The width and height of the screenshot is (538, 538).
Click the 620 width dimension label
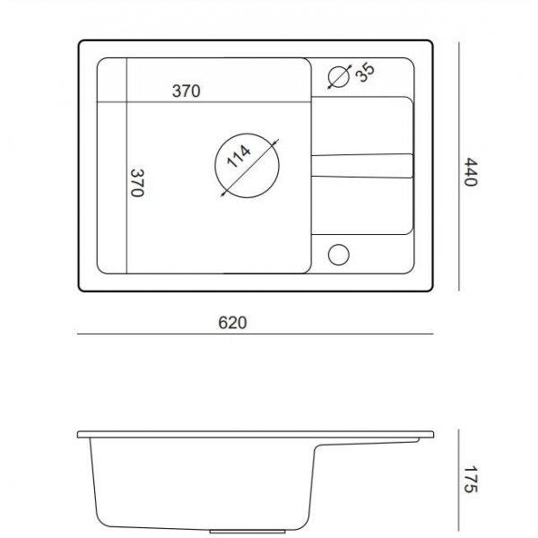point(232,323)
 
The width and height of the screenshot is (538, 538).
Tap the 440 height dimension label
point(471,172)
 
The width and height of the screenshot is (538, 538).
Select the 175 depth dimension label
point(471,480)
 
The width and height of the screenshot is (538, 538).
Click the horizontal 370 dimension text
point(186,91)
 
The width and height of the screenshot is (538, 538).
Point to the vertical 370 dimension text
point(137,183)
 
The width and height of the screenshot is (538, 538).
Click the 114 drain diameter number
point(239,156)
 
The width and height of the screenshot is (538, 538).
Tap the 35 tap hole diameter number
point(365,73)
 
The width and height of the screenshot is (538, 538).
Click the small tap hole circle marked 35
point(339,76)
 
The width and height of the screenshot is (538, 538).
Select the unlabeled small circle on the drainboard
point(339,255)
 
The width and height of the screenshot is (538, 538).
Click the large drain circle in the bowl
point(215,166)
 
